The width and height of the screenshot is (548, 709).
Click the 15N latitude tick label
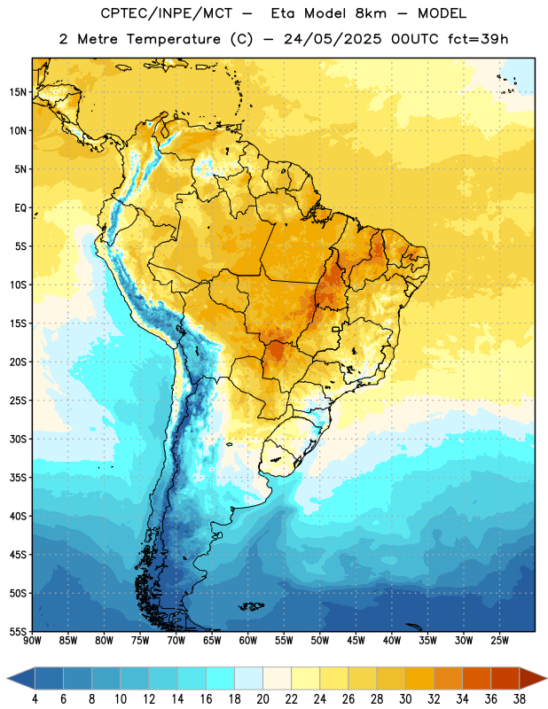(x=18, y=92)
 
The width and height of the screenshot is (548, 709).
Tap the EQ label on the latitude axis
(x=20, y=208)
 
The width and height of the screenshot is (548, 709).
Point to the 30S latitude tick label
(x=18, y=439)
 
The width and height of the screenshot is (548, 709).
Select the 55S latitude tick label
(x=18, y=632)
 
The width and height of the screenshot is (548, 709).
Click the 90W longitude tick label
(x=32, y=641)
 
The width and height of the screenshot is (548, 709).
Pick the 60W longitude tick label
(x=248, y=641)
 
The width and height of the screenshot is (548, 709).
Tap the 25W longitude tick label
(x=499, y=641)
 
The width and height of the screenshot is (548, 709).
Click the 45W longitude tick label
(x=356, y=641)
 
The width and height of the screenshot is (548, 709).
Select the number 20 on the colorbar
(x=262, y=699)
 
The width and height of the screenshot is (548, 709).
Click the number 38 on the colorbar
(x=519, y=699)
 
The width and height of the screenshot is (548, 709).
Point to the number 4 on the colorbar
(x=35, y=699)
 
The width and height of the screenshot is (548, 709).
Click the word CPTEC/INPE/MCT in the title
(x=167, y=14)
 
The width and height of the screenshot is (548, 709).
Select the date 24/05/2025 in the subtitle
(x=333, y=39)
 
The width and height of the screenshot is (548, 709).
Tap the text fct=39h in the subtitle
(x=478, y=39)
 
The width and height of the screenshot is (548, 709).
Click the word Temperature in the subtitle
(x=173, y=40)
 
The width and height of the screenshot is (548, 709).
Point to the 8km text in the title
(x=371, y=13)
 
